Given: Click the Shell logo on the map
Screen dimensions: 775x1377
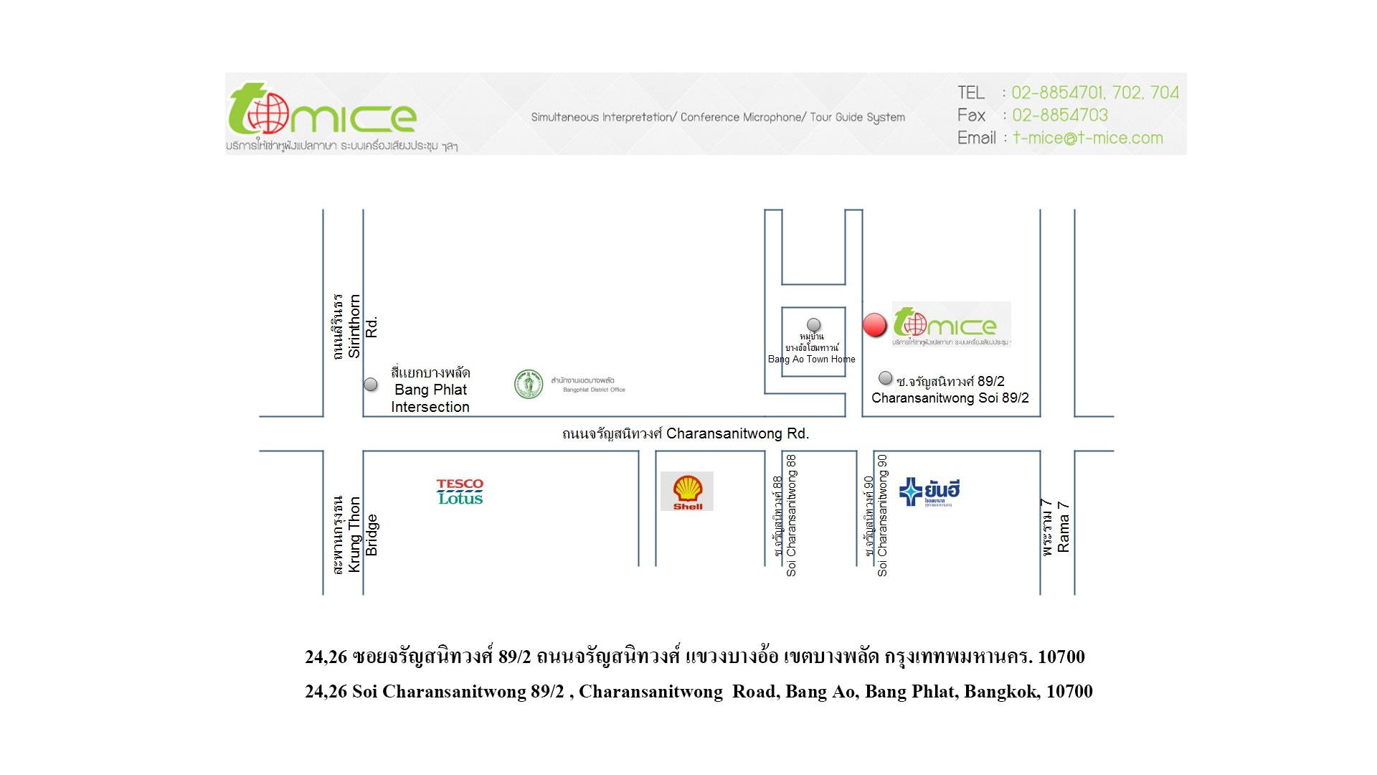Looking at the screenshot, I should pyautogui.click(x=687, y=491).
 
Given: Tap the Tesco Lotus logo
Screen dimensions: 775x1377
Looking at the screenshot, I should pyautogui.click(x=460, y=492).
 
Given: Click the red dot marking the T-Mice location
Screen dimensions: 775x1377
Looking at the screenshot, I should pyautogui.click(x=874, y=325).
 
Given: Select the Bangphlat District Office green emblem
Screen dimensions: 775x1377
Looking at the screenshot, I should pyautogui.click(x=529, y=385).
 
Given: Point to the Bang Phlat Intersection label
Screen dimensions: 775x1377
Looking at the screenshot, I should pyautogui.click(x=430, y=390).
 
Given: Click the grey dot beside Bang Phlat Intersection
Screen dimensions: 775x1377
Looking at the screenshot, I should pyautogui.click(x=371, y=385).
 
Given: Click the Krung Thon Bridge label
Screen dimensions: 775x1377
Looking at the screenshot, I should pyautogui.click(x=354, y=535).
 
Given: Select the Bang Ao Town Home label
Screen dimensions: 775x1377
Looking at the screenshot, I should pyautogui.click(x=811, y=359).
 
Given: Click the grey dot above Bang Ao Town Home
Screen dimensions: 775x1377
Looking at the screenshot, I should pyautogui.click(x=813, y=325).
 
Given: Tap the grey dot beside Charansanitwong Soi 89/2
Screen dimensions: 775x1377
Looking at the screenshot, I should pyautogui.click(x=886, y=378).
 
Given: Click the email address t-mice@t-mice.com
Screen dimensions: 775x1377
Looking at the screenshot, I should pyautogui.click(x=1087, y=138).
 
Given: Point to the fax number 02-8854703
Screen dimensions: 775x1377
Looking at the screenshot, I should pyautogui.click(x=1059, y=115).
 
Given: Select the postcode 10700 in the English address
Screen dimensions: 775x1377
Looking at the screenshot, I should pyautogui.click(x=1069, y=691).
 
